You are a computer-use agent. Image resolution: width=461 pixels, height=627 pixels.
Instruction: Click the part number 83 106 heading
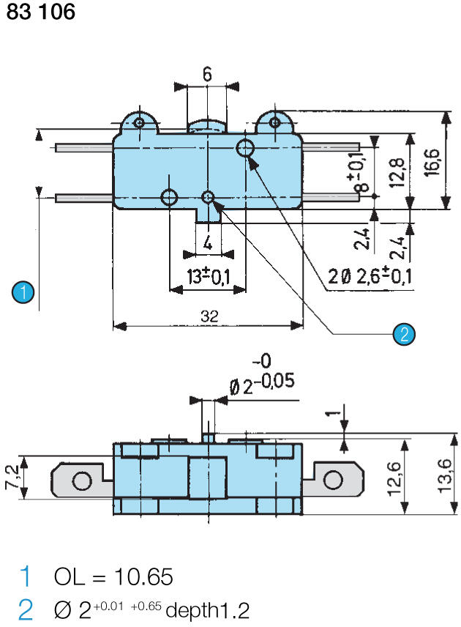(x=40, y=12)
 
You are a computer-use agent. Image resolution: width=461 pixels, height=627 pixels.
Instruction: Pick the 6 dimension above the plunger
(x=207, y=74)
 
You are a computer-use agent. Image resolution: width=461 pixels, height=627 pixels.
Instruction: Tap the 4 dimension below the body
(x=208, y=242)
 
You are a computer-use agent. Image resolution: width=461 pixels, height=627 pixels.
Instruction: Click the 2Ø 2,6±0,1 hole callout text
(x=369, y=276)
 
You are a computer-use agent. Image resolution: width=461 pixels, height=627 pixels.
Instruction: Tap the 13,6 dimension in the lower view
(x=443, y=476)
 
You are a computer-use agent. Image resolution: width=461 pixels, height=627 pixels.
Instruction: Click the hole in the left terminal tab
(x=82, y=481)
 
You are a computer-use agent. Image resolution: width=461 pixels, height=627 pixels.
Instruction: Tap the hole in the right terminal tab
(x=333, y=480)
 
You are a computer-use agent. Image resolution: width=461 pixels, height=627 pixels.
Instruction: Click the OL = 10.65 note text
(x=113, y=577)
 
